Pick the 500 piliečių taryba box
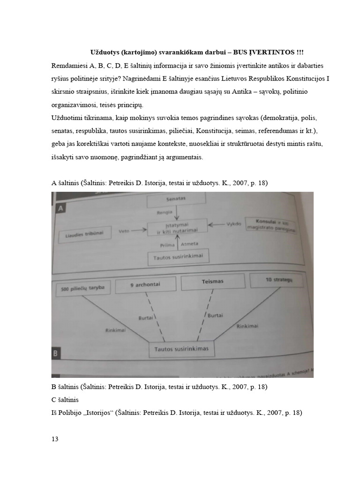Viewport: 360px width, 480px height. click(x=83, y=289)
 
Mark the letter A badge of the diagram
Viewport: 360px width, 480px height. click(x=60, y=208)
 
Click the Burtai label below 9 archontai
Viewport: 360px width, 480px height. click(x=146, y=318)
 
